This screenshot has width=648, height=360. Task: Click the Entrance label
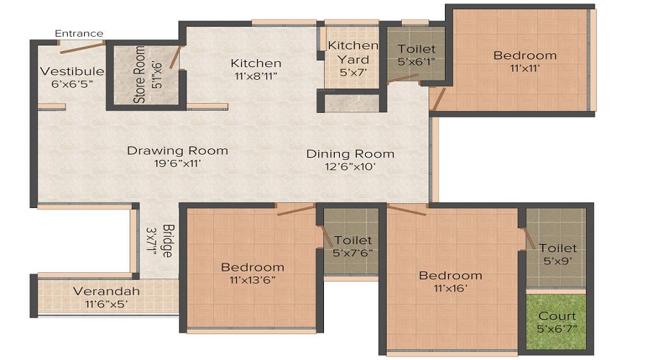(x=79, y=33)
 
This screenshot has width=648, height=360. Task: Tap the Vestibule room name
(x=72, y=71)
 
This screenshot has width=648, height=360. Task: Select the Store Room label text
(x=139, y=75)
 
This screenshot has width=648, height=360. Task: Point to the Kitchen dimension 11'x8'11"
(x=256, y=76)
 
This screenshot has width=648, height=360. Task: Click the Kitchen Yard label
(x=353, y=53)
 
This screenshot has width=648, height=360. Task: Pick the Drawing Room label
(x=177, y=150)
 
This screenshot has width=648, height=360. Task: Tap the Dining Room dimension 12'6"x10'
(x=351, y=166)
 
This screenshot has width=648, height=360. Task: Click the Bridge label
(x=168, y=240)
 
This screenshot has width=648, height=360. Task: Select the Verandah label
(x=107, y=291)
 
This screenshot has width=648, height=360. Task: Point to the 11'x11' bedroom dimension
(x=525, y=68)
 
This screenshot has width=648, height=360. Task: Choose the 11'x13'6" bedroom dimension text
(x=253, y=280)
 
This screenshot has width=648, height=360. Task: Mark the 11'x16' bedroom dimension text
(x=451, y=288)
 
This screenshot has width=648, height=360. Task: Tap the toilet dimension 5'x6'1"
(x=417, y=62)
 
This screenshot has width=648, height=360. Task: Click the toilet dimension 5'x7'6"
(x=353, y=253)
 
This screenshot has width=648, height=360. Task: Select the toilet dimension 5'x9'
(x=558, y=261)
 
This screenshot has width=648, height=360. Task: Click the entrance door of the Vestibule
(x=83, y=47)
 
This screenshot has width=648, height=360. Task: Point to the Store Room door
(x=175, y=57)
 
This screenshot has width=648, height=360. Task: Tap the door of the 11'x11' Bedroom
(x=438, y=99)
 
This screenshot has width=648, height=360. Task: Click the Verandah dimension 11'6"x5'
(x=107, y=305)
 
